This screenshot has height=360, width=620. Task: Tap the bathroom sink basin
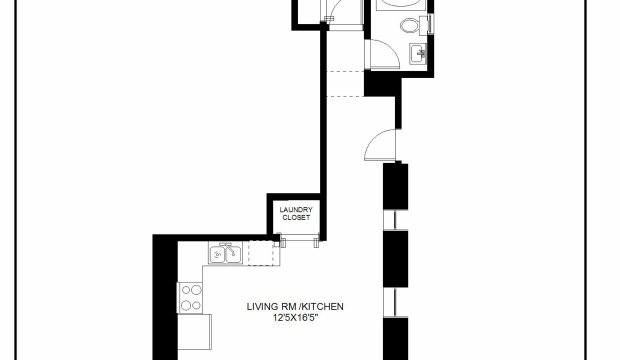pyautogui.click(x=418, y=53)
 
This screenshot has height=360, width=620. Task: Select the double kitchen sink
pyautogui.click(x=225, y=252)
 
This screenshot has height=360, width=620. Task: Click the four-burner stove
pyautogui.click(x=189, y=297)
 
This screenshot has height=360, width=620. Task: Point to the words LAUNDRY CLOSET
pyautogui.click(x=296, y=213)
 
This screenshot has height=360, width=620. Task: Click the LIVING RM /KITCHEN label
pyautogui.click(x=295, y=306)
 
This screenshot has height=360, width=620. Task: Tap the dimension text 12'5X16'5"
pyautogui.click(x=295, y=317)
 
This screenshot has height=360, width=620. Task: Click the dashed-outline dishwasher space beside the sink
pyautogui.click(x=261, y=253)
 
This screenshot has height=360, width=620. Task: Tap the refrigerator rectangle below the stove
pyautogui.click(x=194, y=331)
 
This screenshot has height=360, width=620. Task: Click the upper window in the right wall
pyautogui.click(x=395, y=220)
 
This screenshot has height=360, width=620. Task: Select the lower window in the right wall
pyautogui.click(x=395, y=302)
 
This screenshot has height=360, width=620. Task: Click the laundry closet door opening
pyautogui.click(x=299, y=239)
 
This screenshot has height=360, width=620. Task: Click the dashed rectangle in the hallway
pyautogui.click(x=345, y=84)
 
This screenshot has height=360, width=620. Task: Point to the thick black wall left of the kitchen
pyautogui.click(x=165, y=300)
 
